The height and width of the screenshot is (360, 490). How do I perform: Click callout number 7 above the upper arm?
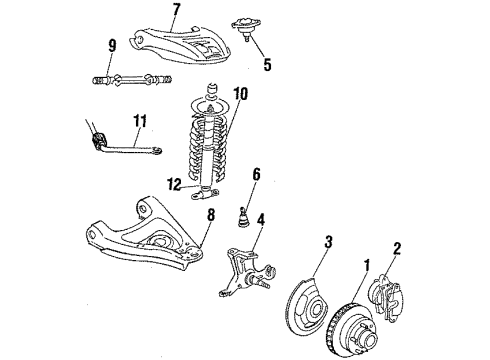coord(175,11)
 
